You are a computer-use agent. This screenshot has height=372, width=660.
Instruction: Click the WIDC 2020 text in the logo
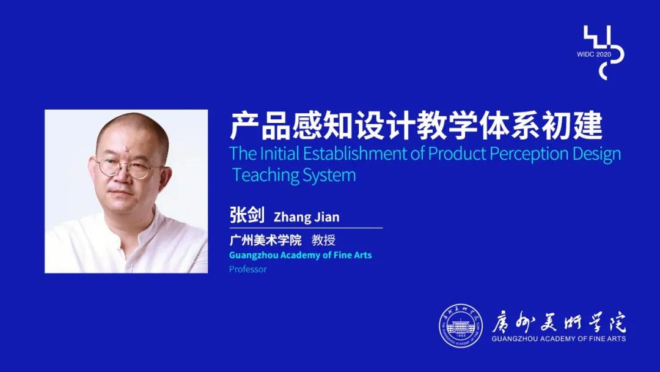593,54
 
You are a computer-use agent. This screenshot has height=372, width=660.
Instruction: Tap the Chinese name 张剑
247,215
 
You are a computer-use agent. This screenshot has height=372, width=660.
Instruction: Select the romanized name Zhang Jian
306,217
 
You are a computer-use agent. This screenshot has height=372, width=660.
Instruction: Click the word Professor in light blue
248,269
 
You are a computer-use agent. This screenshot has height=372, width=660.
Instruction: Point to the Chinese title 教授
323,240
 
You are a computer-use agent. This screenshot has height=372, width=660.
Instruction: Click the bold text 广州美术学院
266,240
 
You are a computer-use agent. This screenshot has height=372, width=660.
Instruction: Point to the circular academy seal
461,326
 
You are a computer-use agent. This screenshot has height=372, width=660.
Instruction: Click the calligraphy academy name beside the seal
559,322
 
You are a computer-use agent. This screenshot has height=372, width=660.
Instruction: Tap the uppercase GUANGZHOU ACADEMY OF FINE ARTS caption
559,339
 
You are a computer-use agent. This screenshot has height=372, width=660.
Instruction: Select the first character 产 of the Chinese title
244,126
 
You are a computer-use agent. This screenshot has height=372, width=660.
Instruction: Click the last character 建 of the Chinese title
588,126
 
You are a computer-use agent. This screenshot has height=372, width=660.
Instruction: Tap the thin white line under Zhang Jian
306,228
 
